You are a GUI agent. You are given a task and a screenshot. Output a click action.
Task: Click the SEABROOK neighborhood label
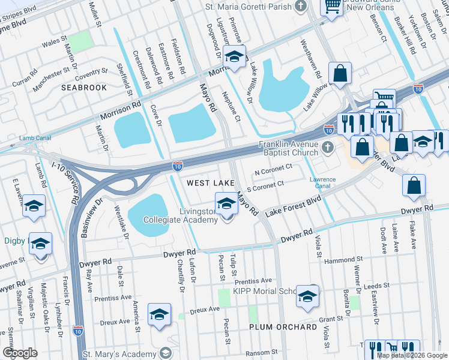[84, 88]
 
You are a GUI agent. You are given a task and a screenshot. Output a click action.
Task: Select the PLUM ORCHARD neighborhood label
[283, 327]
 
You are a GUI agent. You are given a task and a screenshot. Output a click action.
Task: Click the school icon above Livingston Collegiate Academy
[226, 204]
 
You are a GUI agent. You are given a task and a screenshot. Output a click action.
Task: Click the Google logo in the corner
[20, 353]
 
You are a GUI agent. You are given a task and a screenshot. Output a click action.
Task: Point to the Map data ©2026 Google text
[412, 355]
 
